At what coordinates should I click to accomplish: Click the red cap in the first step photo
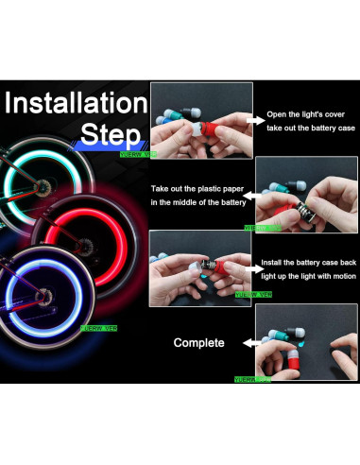pos(204,131)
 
